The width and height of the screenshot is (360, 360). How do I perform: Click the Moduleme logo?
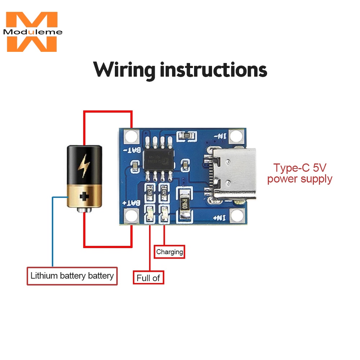[x=32, y=32]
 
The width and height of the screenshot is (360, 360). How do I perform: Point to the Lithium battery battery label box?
[x=72, y=276]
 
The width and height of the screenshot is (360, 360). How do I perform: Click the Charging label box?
[x=170, y=252]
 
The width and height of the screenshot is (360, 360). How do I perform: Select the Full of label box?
[x=148, y=278]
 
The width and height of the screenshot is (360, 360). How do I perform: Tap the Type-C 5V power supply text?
[x=300, y=173]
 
